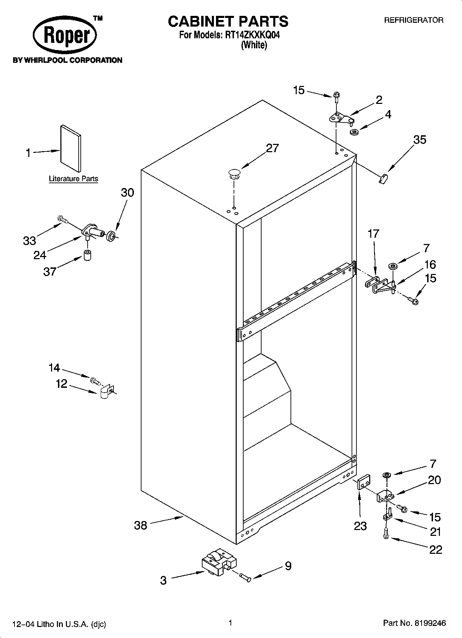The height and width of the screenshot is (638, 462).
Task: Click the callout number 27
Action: (x=272, y=148)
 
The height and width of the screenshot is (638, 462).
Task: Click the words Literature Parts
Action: (x=73, y=179)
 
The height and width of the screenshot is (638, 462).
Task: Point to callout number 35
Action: (x=420, y=140)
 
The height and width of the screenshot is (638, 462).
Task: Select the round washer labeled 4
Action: (x=354, y=132)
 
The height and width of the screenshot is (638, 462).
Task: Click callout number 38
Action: (x=140, y=526)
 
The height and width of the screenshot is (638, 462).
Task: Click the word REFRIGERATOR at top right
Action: (x=414, y=20)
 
